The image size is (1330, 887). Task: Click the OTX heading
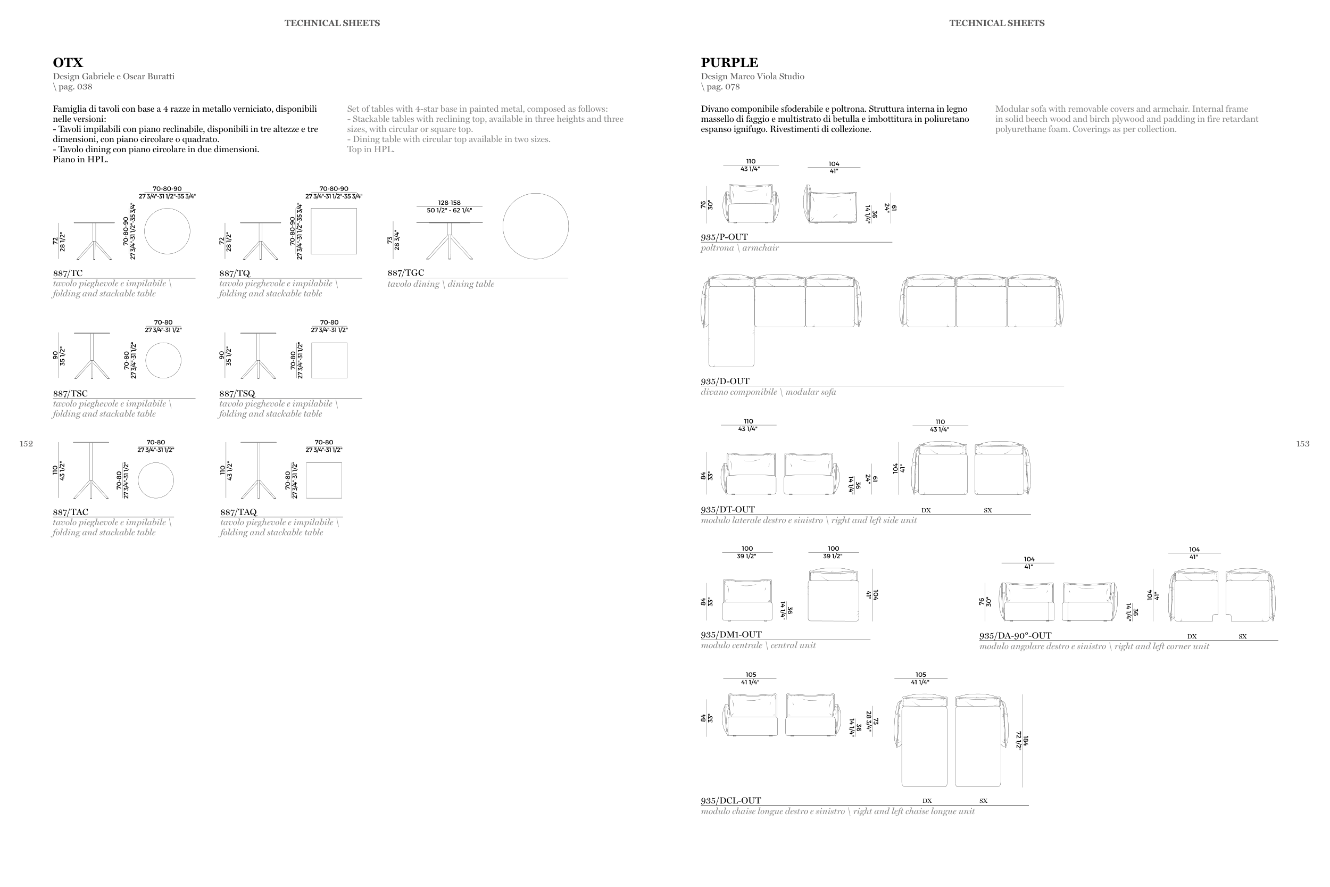coord(68,63)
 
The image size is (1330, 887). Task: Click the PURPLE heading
coord(729,63)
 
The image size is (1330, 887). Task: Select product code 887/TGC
coord(405,272)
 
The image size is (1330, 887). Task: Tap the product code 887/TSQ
coord(237,393)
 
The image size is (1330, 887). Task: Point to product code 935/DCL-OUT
coord(730,800)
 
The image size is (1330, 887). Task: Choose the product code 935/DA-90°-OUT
coord(1015,635)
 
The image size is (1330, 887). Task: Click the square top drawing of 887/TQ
coord(334,231)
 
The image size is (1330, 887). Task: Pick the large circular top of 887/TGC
coord(536,226)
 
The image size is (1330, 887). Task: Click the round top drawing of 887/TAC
coord(155,480)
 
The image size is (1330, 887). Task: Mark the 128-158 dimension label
coord(449,203)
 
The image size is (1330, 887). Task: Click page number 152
coord(26,444)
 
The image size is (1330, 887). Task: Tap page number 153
coord(1303,444)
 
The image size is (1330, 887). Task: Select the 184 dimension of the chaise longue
coord(1026,741)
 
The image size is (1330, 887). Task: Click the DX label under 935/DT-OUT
coord(926,510)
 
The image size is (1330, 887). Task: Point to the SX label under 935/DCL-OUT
coord(983,801)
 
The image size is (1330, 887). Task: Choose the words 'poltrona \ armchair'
coord(739,248)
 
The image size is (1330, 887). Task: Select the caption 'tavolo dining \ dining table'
coord(440,284)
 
